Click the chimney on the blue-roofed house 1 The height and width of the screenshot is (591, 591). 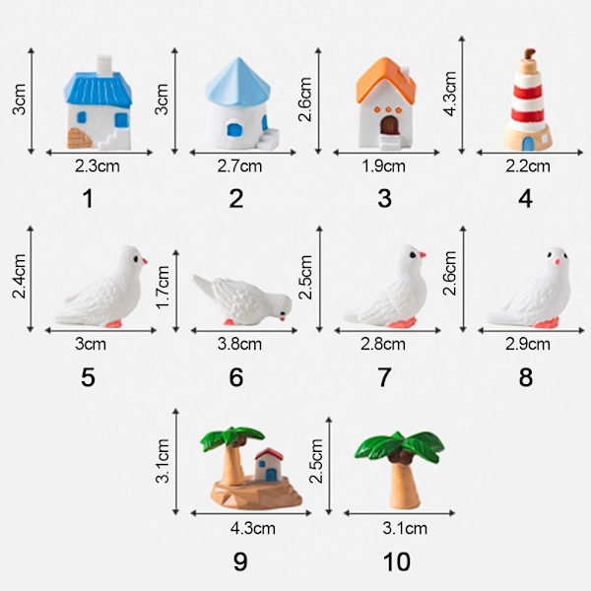(x=104, y=64)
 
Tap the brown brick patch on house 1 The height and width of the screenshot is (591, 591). (x=80, y=138)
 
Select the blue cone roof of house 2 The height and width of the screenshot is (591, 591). (x=237, y=81)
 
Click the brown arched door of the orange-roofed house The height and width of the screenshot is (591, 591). (x=389, y=125)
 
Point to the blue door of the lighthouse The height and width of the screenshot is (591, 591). (x=528, y=144)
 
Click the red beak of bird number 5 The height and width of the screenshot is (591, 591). (x=145, y=261)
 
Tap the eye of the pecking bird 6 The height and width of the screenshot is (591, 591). (x=282, y=313)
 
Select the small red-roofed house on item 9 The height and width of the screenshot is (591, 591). (x=269, y=465)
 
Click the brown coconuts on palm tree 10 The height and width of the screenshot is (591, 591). (x=400, y=457)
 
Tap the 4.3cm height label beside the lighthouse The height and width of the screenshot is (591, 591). (x=450, y=94)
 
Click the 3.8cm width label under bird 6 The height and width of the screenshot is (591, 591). (x=239, y=344)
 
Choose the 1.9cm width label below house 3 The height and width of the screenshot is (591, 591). (x=384, y=166)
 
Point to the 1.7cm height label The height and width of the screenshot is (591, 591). (x=163, y=288)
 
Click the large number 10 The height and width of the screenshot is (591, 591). (x=397, y=562)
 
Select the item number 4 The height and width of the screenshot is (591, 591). (x=525, y=199)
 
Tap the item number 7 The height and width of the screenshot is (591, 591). (x=384, y=377)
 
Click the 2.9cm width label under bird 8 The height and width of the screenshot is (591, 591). (x=528, y=344)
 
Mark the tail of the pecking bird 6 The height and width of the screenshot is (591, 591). (x=204, y=286)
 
